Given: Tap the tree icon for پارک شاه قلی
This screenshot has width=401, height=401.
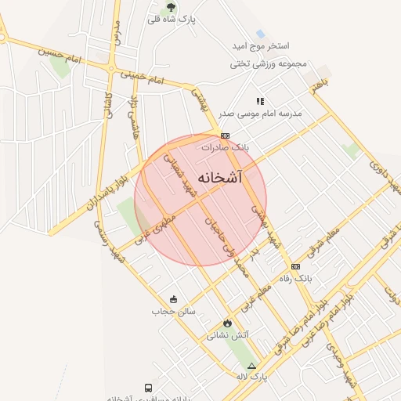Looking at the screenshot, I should pos(172,7).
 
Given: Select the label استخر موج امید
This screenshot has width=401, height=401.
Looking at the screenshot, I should pos(262,48).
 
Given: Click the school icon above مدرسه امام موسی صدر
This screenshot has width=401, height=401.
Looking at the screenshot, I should pos(261,101).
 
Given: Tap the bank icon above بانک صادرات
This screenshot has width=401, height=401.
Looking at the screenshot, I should pos(225,135).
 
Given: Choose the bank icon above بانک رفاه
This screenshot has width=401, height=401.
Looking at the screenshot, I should pos(295,266).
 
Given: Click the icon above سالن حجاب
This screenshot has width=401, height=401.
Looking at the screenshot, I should pos(173,298).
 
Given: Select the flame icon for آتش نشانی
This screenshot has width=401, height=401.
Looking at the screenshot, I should pos(227,323).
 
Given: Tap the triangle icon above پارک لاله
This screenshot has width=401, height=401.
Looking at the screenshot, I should pos(251,365).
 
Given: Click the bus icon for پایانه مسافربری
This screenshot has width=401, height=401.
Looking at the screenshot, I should pos(148,388).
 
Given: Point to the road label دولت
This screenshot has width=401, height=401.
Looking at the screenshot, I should pos(391,293).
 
